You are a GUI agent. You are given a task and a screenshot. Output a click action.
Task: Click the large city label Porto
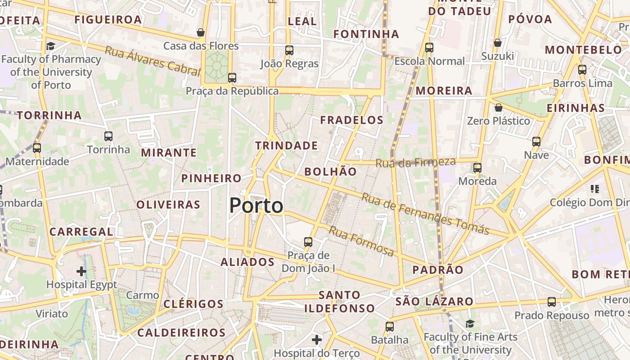256,206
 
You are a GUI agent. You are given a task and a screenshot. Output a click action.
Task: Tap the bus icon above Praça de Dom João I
308,242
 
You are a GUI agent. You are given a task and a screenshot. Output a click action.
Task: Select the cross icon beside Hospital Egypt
81,271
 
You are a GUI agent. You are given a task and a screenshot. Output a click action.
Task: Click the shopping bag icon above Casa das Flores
201,32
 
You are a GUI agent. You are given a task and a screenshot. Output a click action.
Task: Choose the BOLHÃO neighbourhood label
330,171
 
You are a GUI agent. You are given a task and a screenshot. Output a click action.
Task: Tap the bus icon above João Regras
289,50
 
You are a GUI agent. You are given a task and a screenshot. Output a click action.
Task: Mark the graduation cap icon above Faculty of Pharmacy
50,46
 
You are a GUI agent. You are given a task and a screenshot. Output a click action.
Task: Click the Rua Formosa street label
361,241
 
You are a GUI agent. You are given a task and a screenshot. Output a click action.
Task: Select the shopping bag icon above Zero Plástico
498,108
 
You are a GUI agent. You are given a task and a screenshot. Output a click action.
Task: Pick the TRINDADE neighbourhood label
287,146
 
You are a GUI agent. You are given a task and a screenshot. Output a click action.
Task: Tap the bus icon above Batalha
390,327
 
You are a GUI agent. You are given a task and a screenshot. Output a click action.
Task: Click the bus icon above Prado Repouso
552,302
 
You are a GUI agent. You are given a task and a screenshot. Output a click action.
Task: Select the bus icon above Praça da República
232,78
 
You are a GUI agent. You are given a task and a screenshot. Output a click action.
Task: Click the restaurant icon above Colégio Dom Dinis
595,189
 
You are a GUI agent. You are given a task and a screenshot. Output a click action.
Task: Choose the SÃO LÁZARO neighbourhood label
434,301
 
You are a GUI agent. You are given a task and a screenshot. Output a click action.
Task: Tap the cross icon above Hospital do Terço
317,340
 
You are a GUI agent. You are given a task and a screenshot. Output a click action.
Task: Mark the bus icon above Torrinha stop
108,136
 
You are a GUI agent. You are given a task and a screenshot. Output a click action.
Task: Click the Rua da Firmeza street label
415,162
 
